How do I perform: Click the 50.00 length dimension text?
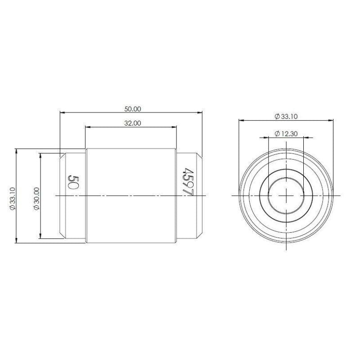[133, 109]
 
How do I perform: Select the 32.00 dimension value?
[133, 123]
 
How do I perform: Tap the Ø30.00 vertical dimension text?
[37, 198]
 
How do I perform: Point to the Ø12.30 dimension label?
[286, 133]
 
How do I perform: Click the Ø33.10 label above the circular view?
[286, 117]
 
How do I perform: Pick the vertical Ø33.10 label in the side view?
[13, 198]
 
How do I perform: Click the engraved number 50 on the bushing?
[73, 182]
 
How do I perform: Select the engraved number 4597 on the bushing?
[188, 182]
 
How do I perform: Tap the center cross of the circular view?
[286, 195]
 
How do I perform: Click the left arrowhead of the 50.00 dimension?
[62, 112]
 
